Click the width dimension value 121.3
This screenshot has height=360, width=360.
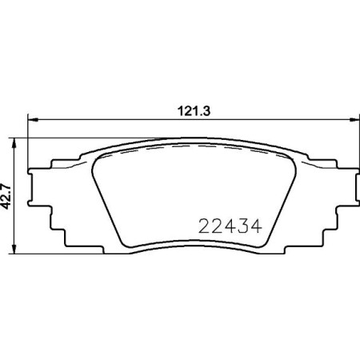pos(187,111)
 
